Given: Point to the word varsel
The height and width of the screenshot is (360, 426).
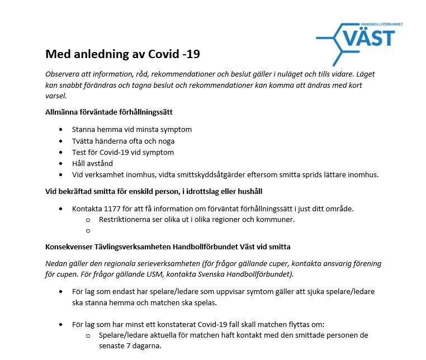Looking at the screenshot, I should click(x=56, y=96).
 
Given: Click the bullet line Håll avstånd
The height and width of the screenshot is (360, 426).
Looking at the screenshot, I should click(x=92, y=163).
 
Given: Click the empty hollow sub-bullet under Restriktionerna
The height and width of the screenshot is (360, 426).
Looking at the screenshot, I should click(x=88, y=230).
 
